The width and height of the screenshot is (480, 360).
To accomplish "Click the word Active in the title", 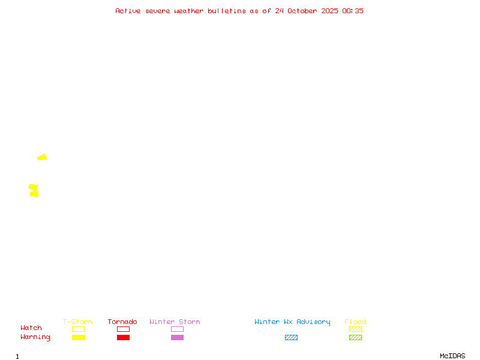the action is coord(128,11).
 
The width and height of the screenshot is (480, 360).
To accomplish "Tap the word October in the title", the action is coord(302,11).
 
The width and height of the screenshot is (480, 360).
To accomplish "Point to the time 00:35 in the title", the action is coord(353,11).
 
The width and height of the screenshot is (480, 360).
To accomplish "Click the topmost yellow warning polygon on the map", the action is coord(42,157).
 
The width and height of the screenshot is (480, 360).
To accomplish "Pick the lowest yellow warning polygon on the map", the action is coord(34,194).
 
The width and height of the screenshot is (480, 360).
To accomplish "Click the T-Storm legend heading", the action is coord(77,322).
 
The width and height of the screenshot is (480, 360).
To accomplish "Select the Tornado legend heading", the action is coord(122,322).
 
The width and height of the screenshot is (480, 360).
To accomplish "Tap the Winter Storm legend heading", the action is coord(175,322).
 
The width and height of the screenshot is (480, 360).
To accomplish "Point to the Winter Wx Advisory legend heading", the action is coord(292,322).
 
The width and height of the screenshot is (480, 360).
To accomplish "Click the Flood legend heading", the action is coord(355,322).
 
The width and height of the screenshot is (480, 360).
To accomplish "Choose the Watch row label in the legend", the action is coord(31,328).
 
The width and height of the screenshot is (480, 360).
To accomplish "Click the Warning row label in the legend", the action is coord(35,337).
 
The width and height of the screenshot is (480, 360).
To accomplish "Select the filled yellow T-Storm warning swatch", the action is coord(79,337).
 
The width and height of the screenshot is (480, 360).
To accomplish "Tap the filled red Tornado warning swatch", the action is coord(124,337).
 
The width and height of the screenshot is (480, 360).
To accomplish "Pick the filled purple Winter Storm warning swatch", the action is coord(177,337).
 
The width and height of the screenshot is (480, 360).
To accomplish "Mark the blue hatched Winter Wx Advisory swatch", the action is coord(291,337).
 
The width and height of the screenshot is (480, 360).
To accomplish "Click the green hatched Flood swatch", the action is coord(355,337).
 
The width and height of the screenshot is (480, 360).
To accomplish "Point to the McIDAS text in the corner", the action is coord(452,356).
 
